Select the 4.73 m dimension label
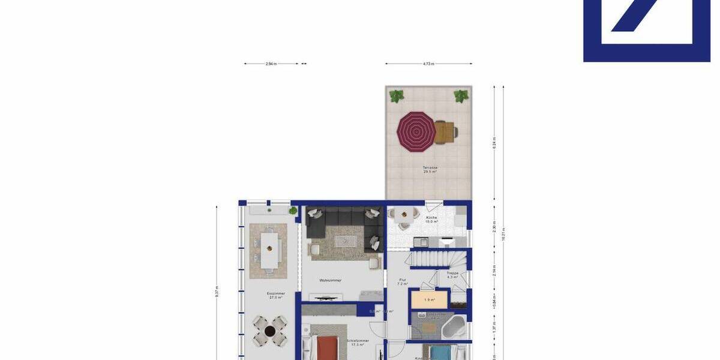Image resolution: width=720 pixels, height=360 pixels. pyautogui.click(x=428, y=63)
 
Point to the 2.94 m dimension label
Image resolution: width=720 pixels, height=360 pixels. pyautogui.click(x=271, y=63)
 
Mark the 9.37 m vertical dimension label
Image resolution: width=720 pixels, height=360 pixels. pyautogui.click(x=217, y=291)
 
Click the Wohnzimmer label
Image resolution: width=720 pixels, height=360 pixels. pyautogui.click(x=331, y=280)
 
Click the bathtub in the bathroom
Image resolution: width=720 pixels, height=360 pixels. pyautogui.click(x=454, y=328)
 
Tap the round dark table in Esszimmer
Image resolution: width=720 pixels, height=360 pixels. pyautogui.click(x=270, y=331)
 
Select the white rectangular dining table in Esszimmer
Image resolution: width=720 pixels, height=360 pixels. pyautogui.click(x=269, y=249)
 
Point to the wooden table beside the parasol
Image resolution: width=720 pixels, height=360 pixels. pyautogui.click(x=445, y=131)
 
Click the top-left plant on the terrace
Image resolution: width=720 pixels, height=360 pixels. pyautogui.click(x=396, y=95)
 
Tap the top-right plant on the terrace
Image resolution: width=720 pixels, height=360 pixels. pyautogui.click(x=461, y=95)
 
